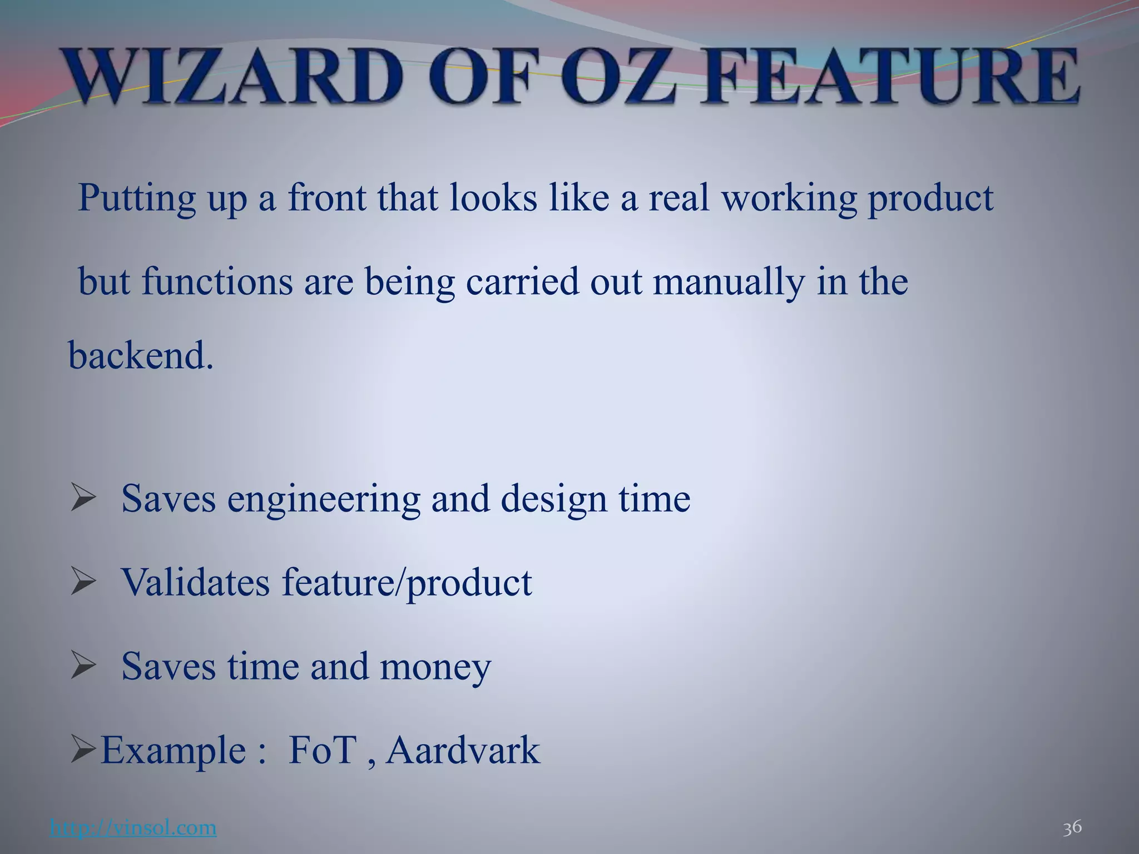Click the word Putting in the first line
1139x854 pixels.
click(137, 198)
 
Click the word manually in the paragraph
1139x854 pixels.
click(729, 282)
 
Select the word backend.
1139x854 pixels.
click(140, 356)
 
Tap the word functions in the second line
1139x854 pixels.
click(217, 282)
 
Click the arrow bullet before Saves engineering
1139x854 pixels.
click(83, 498)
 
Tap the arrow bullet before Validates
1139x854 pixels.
click(83, 582)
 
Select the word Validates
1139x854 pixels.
click(195, 583)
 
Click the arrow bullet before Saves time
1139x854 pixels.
click(83, 666)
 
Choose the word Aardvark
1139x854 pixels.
click(463, 751)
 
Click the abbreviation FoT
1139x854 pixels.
click(323, 751)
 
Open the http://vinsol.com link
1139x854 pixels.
click(133, 828)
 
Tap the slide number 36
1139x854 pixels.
click(1072, 827)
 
